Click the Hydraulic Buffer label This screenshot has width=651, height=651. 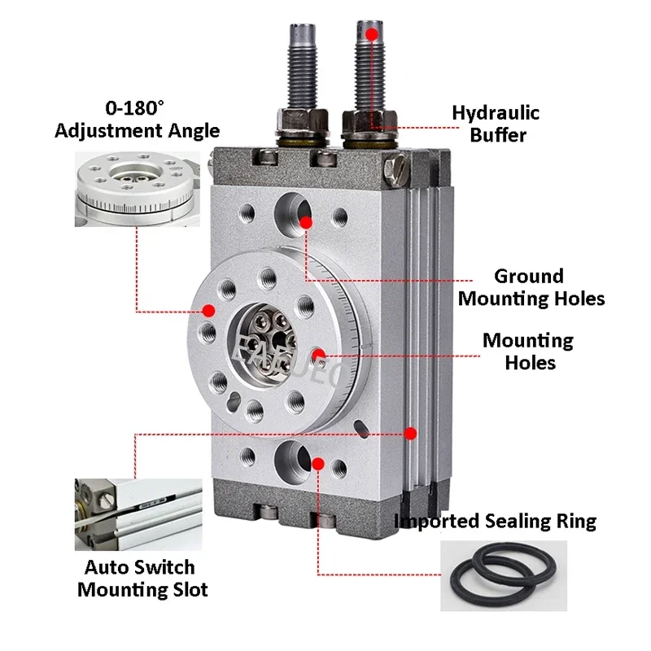[x=496, y=124]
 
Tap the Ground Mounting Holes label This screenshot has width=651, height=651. [x=531, y=287]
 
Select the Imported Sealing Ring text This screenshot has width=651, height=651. [x=495, y=521]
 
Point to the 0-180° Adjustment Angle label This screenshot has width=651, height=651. [x=137, y=119]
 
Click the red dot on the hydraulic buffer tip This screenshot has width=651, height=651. [x=371, y=34]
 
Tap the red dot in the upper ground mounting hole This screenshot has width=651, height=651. [x=305, y=221]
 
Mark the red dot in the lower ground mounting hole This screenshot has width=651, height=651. [x=318, y=464]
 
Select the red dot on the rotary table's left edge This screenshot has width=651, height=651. [x=208, y=310]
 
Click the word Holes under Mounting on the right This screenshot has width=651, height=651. [x=530, y=362]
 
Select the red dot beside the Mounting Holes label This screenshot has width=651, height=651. [x=321, y=354]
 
